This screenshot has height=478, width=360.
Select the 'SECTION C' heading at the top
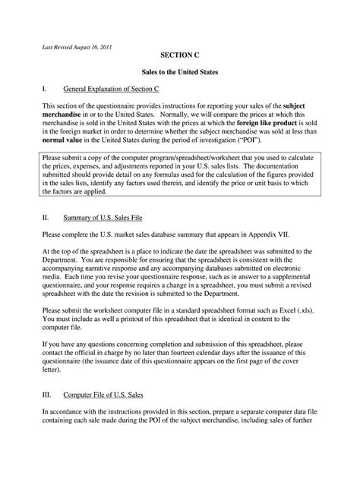click(x=180, y=56)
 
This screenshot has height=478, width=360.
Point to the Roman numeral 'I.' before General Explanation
click(x=46, y=89)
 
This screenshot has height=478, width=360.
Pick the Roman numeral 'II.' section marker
click(x=46, y=217)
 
